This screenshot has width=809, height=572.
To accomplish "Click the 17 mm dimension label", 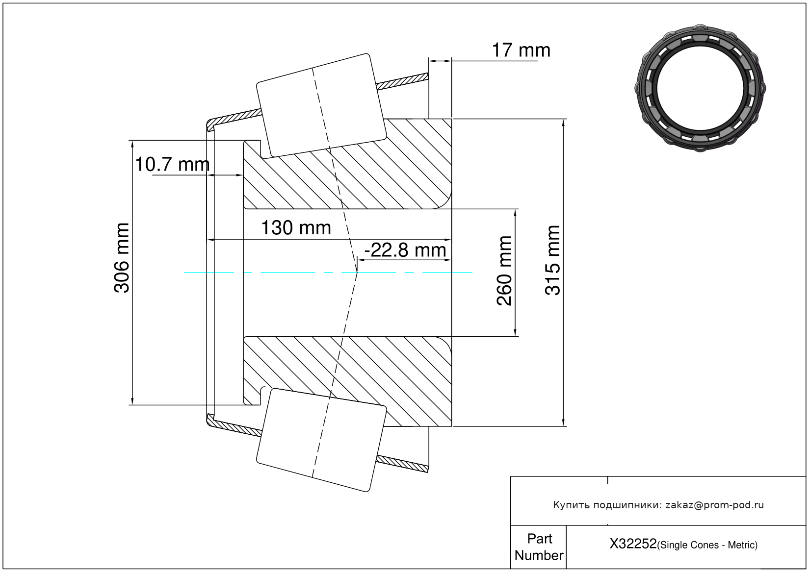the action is (521, 50).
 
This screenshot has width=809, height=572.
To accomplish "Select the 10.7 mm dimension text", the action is (172, 164).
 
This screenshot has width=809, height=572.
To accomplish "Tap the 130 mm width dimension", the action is (296, 228).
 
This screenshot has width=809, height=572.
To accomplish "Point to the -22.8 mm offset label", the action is (405, 250).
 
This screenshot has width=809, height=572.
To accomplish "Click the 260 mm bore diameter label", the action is (504, 271).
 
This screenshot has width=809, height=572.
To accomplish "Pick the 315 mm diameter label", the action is (552, 260).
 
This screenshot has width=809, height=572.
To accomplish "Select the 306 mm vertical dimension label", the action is (121, 258).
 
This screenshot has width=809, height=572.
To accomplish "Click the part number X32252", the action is (633, 544).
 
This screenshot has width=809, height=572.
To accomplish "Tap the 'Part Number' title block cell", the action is (539, 547).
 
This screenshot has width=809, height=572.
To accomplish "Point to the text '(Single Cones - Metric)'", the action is (707, 545).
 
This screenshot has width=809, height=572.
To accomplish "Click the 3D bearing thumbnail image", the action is (700, 88).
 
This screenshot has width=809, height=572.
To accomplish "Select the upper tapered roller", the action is (321, 106).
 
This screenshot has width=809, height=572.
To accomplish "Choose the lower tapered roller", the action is (321, 440).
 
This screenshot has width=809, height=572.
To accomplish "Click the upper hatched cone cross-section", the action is (347, 164).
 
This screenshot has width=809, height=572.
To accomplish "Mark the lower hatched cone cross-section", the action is (347, 381).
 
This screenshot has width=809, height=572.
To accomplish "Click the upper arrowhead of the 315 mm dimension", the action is (563, 123).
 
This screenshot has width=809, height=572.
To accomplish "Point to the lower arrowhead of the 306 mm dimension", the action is (132, 401).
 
